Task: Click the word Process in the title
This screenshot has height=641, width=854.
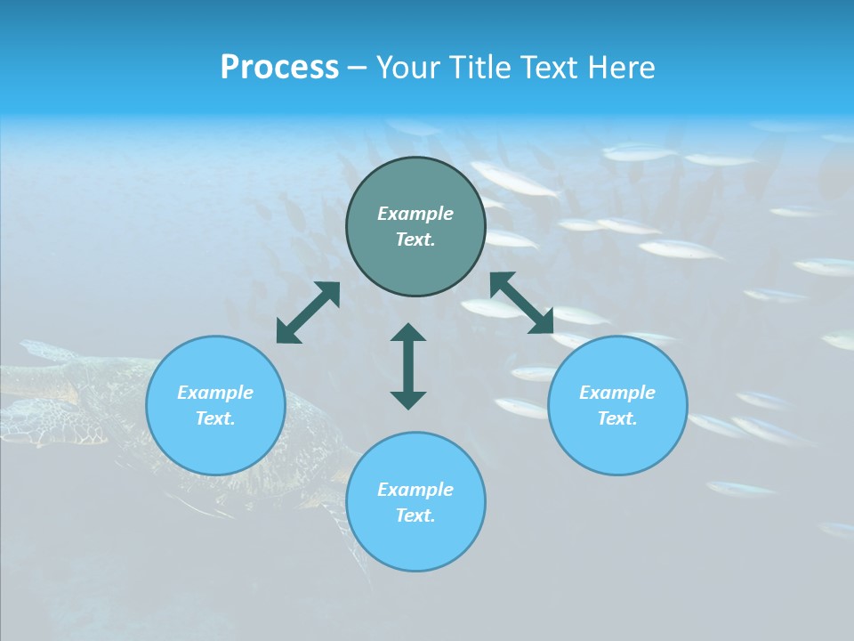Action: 279,68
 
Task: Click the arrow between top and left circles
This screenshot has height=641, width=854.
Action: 308,312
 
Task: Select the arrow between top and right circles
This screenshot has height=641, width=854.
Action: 522,304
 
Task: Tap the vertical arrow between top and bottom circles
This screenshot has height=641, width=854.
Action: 408,366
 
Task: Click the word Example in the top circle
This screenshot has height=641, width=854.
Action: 415,214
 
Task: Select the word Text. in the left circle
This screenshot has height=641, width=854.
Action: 215,418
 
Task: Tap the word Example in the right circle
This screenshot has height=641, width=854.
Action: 617,393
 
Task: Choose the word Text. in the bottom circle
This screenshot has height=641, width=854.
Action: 415,515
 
